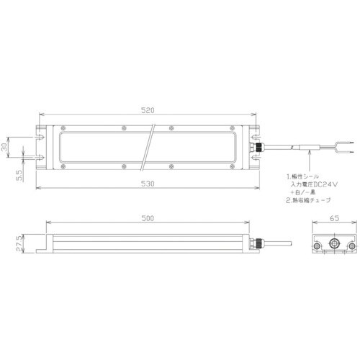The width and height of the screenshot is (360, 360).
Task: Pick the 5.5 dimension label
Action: [20, 174]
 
